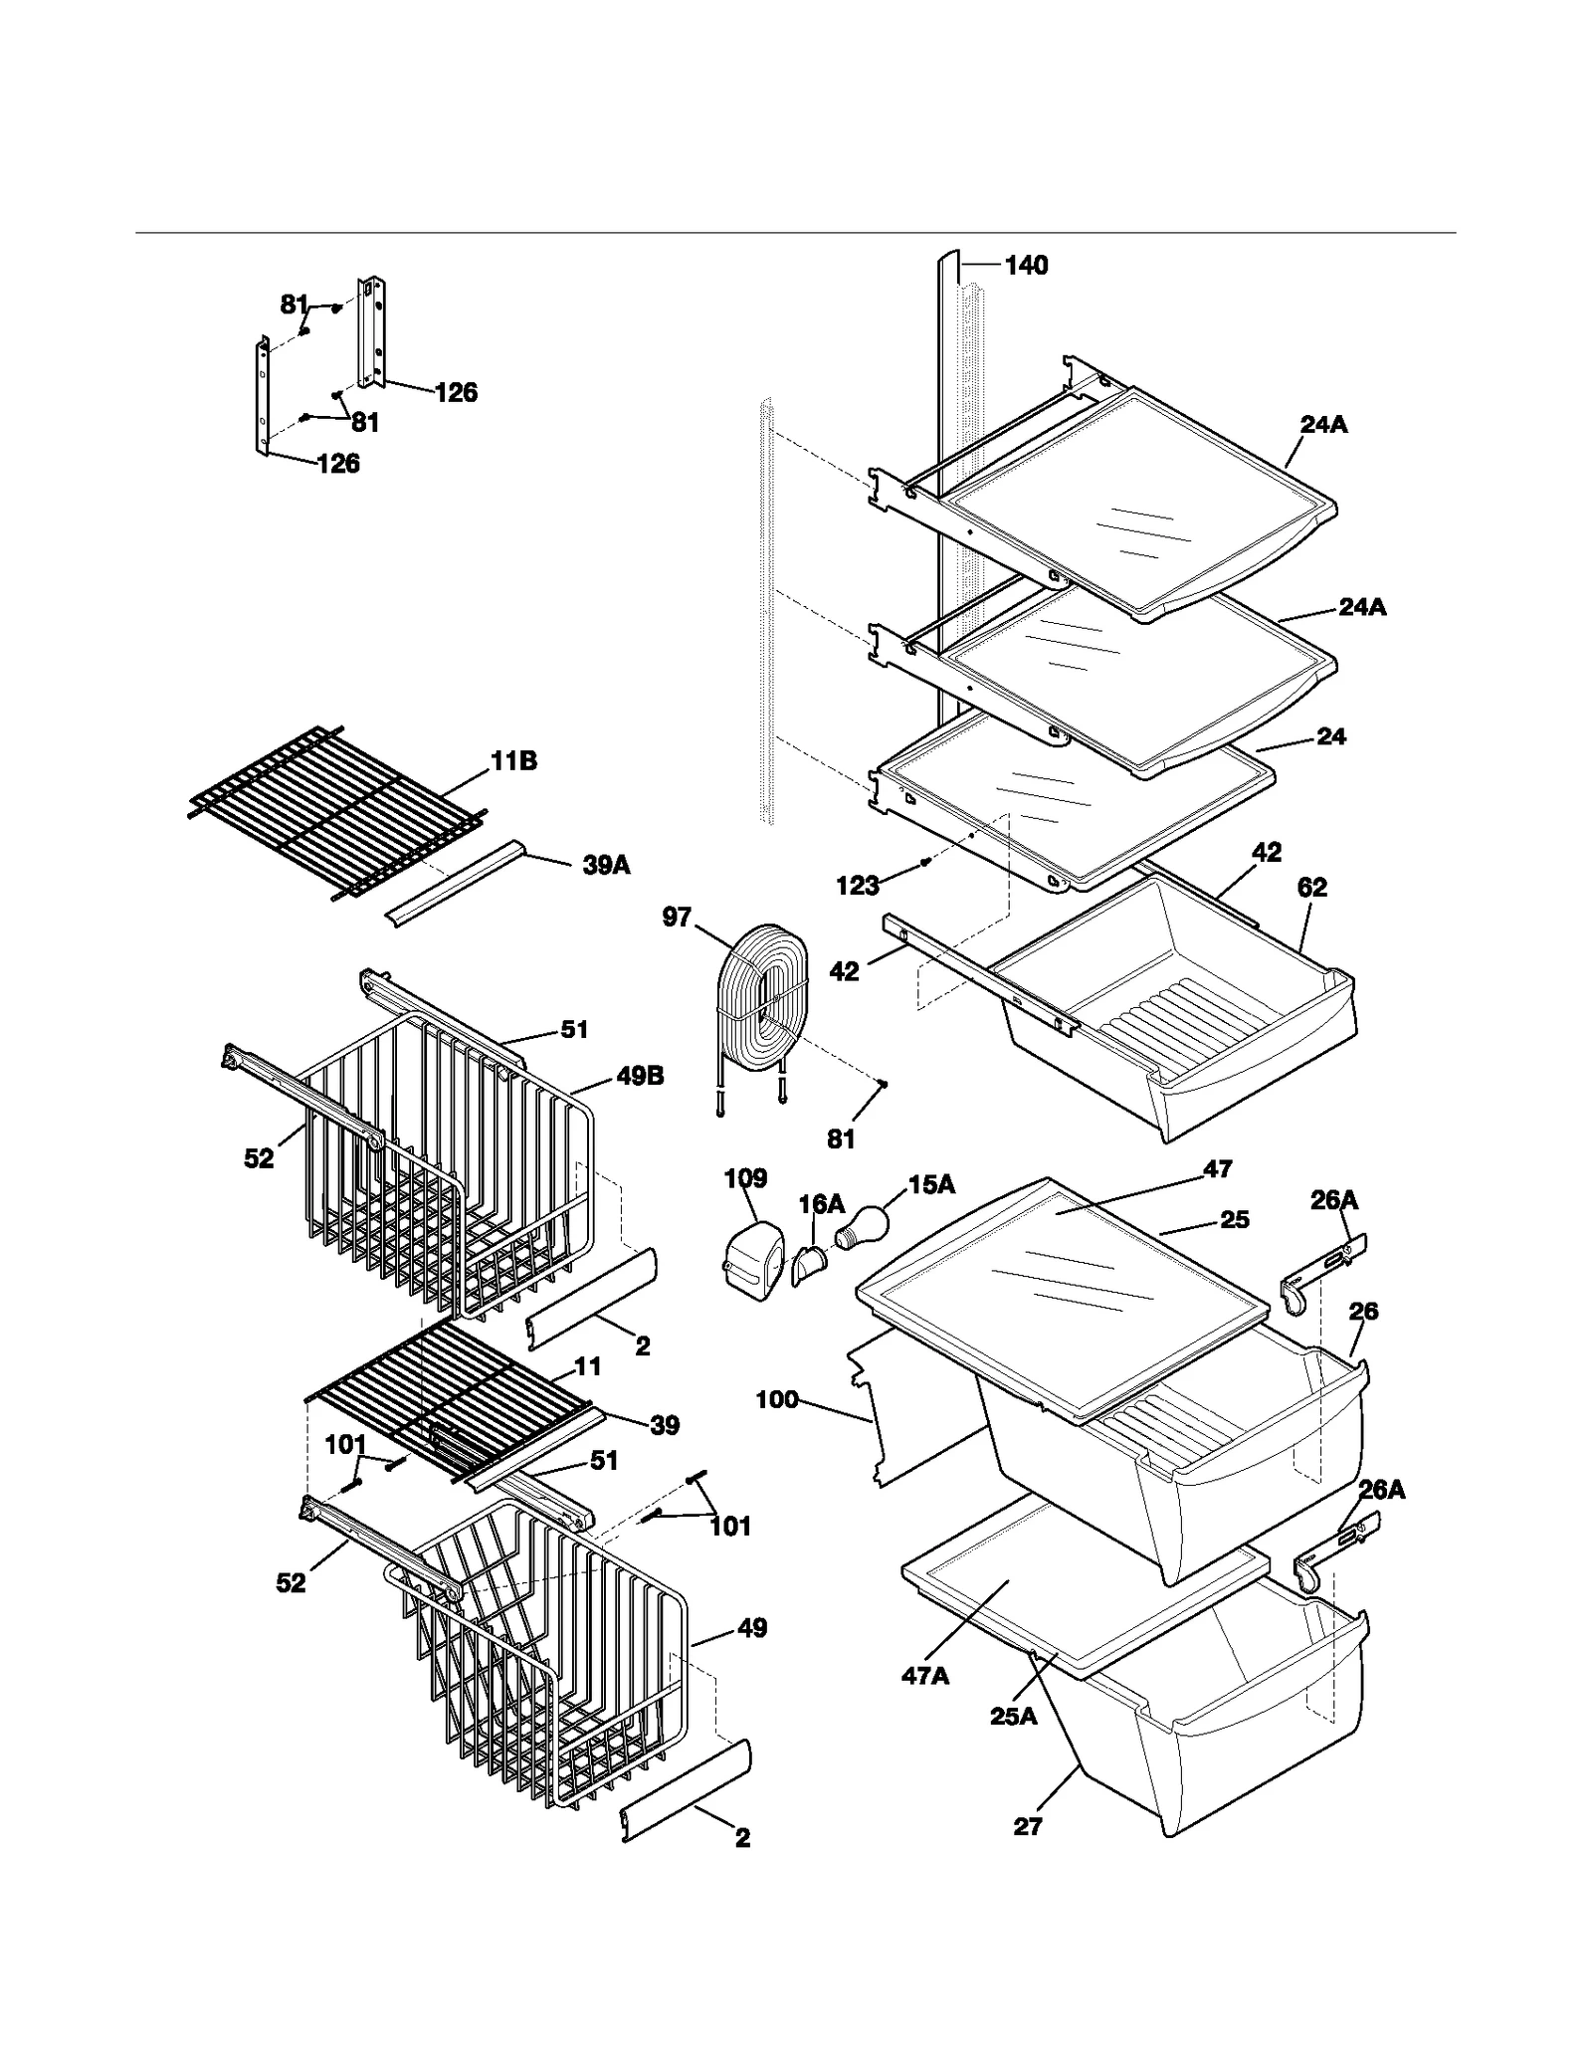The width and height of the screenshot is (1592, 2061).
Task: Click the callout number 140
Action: coord(1026,265)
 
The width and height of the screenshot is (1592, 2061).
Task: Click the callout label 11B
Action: coord(513,761)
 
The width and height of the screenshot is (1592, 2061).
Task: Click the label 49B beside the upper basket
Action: coord(640,1076)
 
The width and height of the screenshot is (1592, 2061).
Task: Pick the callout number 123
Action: coord(858,885)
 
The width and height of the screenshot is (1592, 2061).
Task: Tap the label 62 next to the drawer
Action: coord(1312,887)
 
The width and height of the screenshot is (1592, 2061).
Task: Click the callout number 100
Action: coord(777,1399)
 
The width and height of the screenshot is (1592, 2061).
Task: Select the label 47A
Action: coord(925,1676)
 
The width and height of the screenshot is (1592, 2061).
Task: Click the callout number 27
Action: coord(1028,1826)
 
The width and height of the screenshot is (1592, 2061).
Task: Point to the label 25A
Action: coord(1013,1716)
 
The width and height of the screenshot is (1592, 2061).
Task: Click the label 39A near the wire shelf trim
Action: coord(606,865)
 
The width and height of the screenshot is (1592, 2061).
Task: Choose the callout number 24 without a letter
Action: coord(1331,736)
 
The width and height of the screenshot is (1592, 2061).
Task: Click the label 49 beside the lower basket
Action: coord(752,1628)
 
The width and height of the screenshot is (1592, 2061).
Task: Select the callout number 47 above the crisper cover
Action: coord(1218,1169)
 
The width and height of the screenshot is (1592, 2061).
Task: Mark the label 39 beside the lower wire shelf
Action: coord(665,1425)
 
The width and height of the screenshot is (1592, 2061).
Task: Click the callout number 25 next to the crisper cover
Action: coord(1234,1219)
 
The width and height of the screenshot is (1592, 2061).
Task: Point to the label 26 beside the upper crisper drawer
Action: coord(1363,1311)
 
